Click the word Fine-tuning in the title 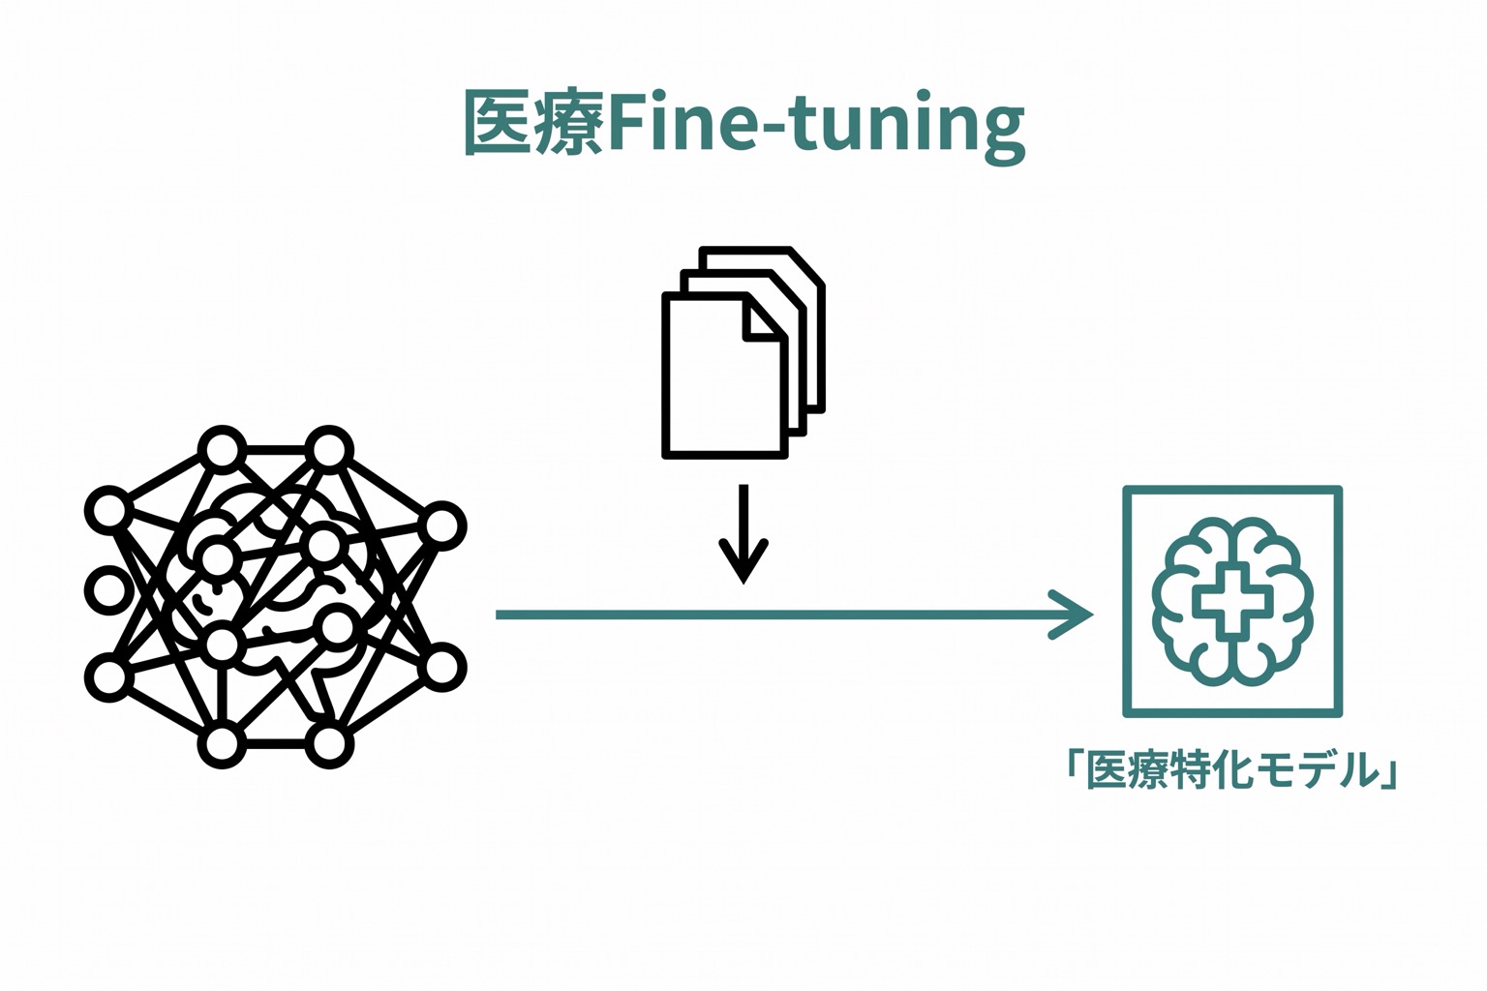click(x=816, y=126)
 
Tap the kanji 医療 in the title click(x=534, y=123)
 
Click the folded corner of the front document click(x=764, y=318)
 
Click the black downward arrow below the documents click(x=743, y=533)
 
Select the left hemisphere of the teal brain click(x=1192, y=602)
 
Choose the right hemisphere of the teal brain click(x=1273, y=602)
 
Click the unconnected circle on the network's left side click(x=106, y=590)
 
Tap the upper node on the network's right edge click(x=442, y=526)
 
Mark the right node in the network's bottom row click(x=329, y=744)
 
